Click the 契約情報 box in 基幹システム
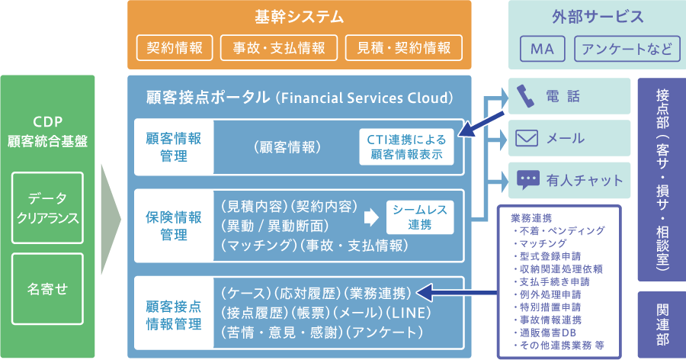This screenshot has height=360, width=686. (175, 48)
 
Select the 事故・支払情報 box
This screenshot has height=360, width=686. (278, 48)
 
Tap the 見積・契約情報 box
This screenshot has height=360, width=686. (403, 48)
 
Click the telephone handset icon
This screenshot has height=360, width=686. (525, 95)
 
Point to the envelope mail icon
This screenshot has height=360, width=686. (527, 138)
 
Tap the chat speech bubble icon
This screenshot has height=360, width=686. (527, 180)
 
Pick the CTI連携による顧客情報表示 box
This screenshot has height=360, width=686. (407, 146)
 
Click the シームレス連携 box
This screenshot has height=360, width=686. (419, 217)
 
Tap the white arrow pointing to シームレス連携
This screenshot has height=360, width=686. (372, 217)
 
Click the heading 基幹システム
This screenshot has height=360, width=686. (300, 17)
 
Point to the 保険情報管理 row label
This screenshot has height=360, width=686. (174, 226)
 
